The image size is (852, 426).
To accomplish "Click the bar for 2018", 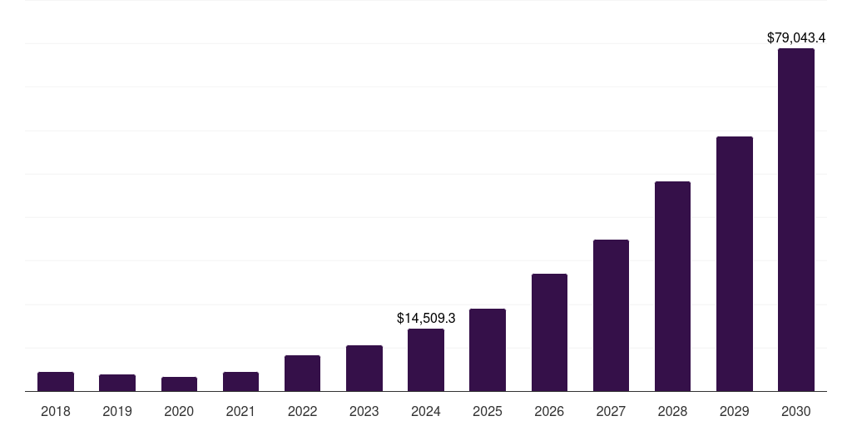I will (x=56, y=381).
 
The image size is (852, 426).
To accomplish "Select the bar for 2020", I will (x=179, y=384).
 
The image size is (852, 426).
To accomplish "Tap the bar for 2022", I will (x=302, y=373).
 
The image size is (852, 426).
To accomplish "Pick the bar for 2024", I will (x=426, y=359).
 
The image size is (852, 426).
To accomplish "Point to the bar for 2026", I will (x=549, y=332).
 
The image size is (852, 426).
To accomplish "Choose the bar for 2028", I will (x=672, y=286).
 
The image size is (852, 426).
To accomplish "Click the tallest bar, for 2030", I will (x=795, y=220).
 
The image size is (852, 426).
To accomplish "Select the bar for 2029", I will (x=734, y=264).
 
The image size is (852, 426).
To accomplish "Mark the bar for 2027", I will (x=611, y=315).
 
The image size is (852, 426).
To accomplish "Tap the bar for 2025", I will (x=488, y=349).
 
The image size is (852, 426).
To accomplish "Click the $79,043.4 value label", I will (x=795, y=37).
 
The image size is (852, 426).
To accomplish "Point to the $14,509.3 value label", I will (x=426, y=318).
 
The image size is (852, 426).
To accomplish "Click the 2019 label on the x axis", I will (x=117, y=411).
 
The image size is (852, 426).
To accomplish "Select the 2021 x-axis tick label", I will (x=240, y=411).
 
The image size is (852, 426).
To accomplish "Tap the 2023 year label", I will (x=364, y=411).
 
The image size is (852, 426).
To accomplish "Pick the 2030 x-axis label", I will (x=795, y=411).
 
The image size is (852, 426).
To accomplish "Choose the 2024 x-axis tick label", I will (x=426, y=411).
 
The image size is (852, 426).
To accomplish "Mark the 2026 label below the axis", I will (x=549, y=411).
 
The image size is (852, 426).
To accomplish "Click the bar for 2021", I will (x=240, y=381).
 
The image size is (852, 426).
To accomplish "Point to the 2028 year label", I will (x=672, y=411).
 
